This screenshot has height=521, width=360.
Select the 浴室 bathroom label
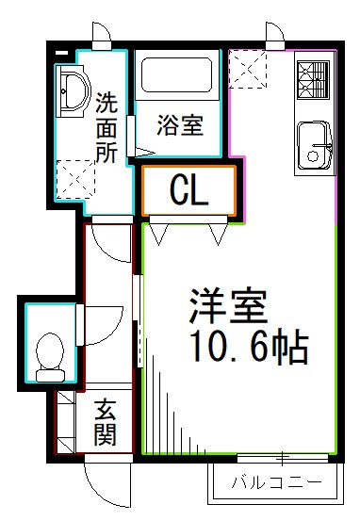point(180,124)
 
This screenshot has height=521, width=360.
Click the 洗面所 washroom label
point(106,126)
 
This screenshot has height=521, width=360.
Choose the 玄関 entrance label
point(105,423)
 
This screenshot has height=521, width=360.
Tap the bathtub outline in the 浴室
point(180,74)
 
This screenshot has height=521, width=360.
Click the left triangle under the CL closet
point(158,231)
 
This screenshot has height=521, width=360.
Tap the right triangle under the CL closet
point(219,231)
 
